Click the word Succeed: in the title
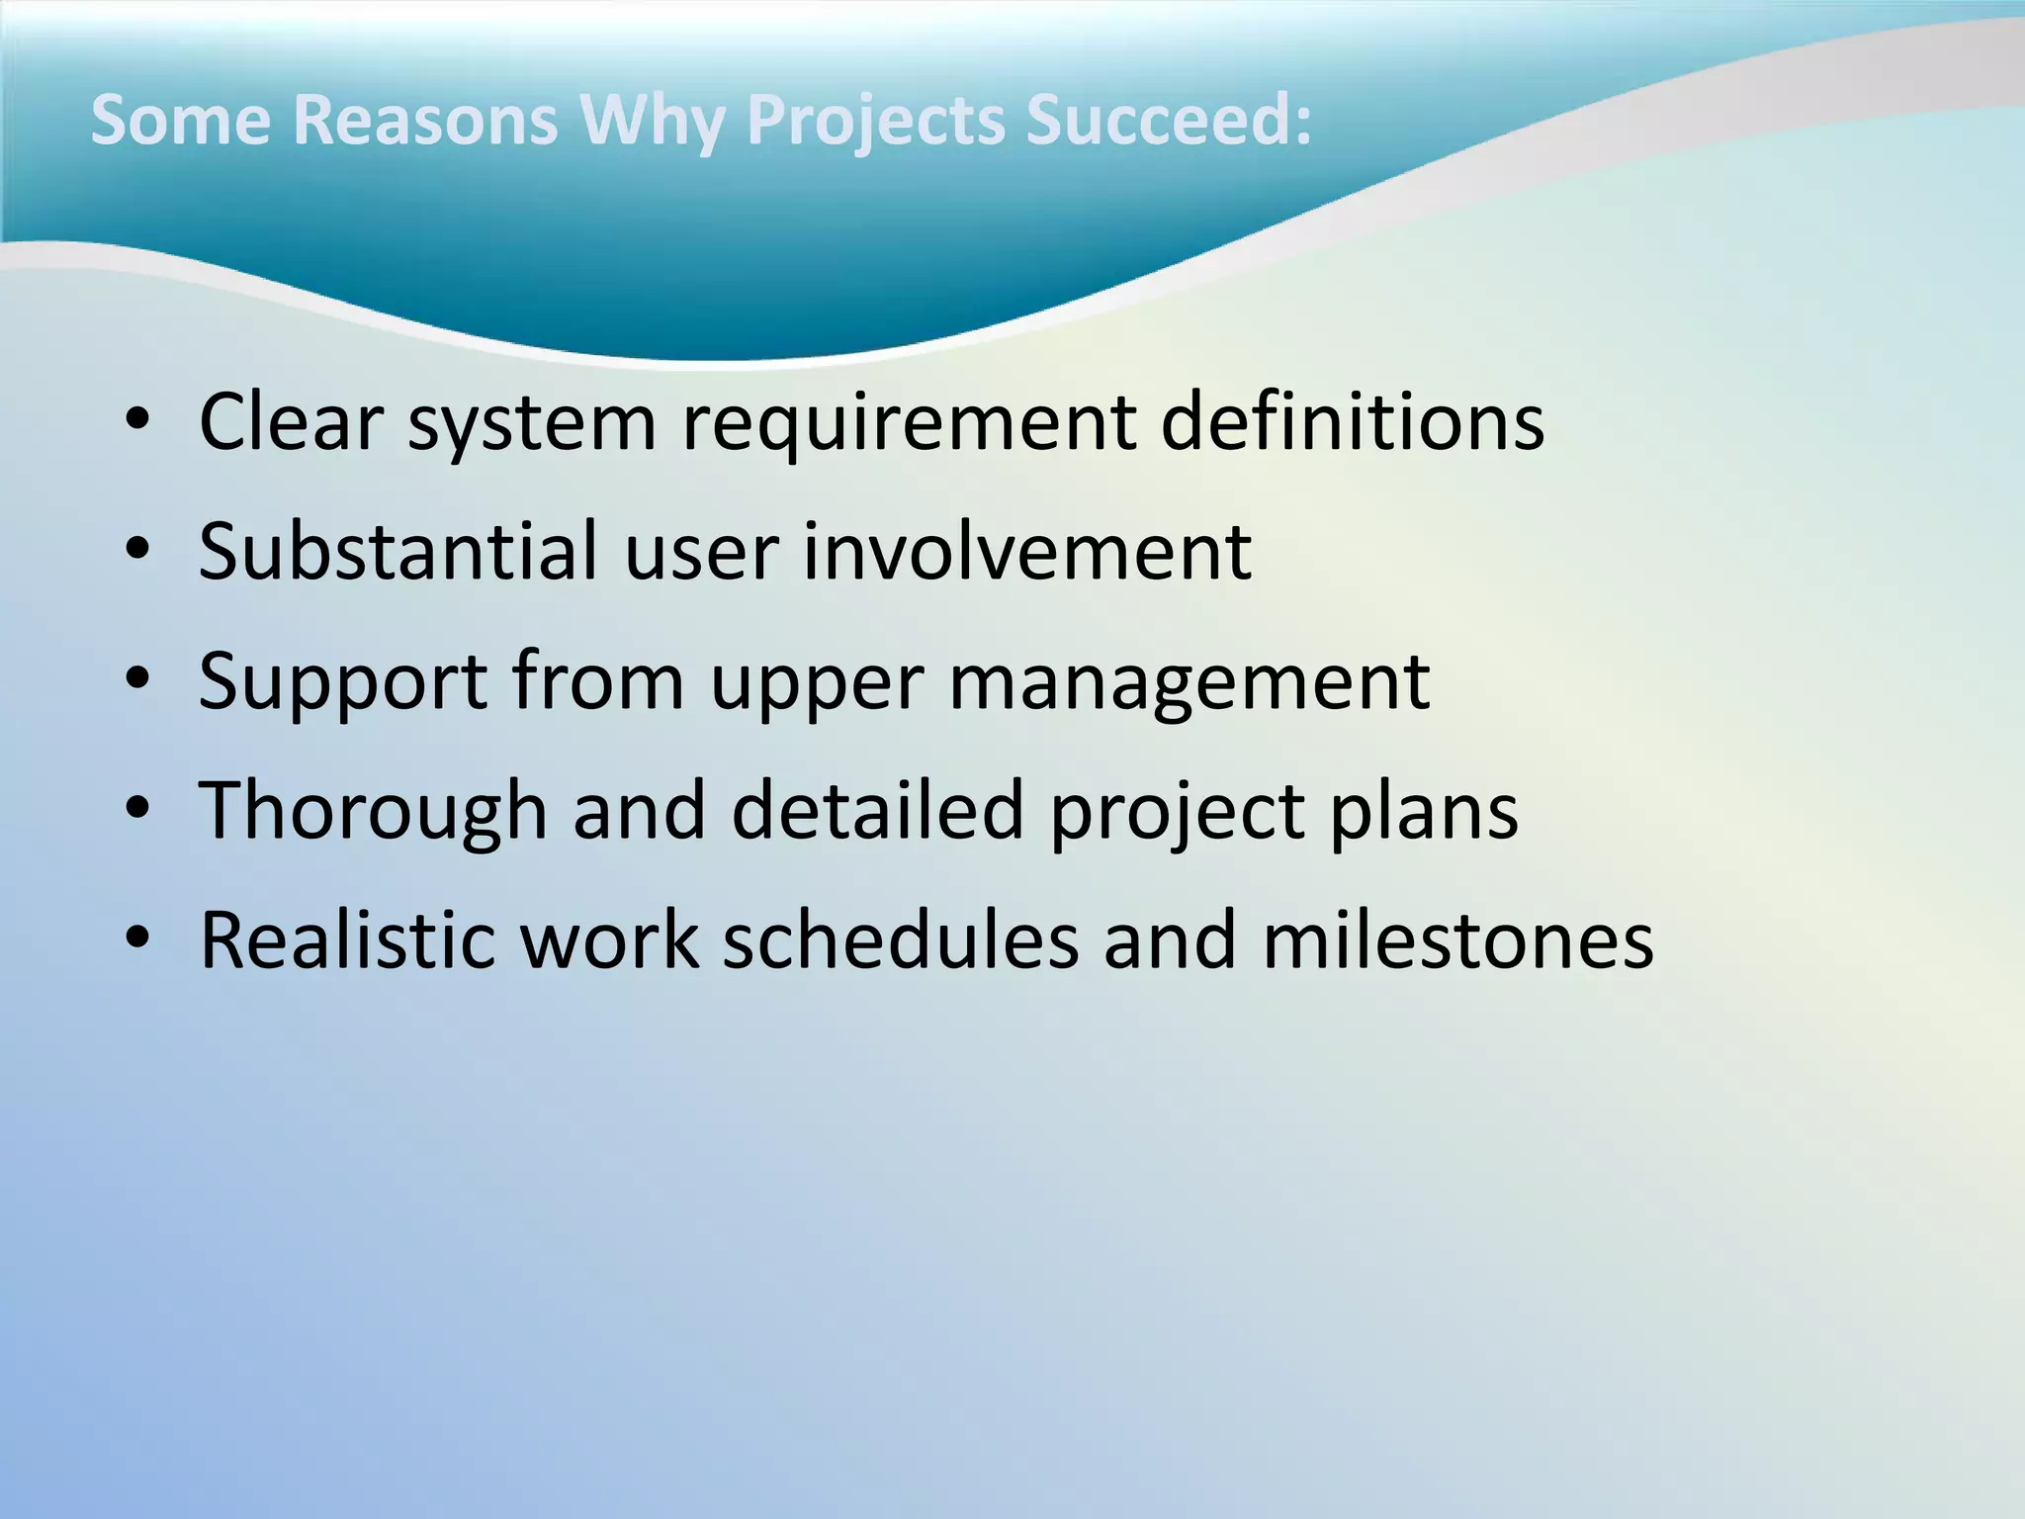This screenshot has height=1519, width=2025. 1168,120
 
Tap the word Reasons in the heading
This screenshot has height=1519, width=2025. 424,120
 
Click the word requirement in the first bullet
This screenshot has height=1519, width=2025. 909,423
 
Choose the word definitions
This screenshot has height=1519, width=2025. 1352,421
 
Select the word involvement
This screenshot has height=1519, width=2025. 1026,551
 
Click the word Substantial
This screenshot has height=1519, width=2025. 398,551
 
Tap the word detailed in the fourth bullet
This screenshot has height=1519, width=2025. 877,810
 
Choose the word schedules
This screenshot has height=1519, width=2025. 900,939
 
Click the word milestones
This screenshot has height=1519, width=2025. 1457,939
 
